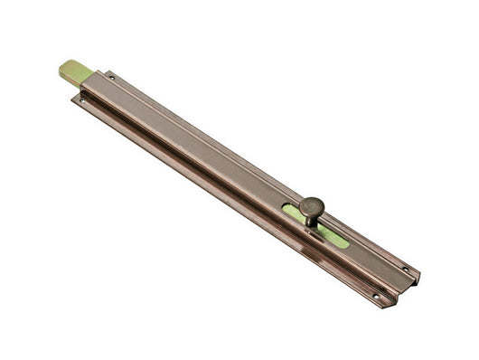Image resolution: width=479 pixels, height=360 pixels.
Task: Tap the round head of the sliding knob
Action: (312, 206)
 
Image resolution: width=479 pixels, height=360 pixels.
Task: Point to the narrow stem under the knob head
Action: (313, 220)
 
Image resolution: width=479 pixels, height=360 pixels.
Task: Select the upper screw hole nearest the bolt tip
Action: (111, 78)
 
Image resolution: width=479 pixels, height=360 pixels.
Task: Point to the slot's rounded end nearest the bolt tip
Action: (286, 208)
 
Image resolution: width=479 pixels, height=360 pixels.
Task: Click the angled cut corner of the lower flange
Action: (385, 305)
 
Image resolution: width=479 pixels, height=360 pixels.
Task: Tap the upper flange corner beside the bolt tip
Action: (105, 71)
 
